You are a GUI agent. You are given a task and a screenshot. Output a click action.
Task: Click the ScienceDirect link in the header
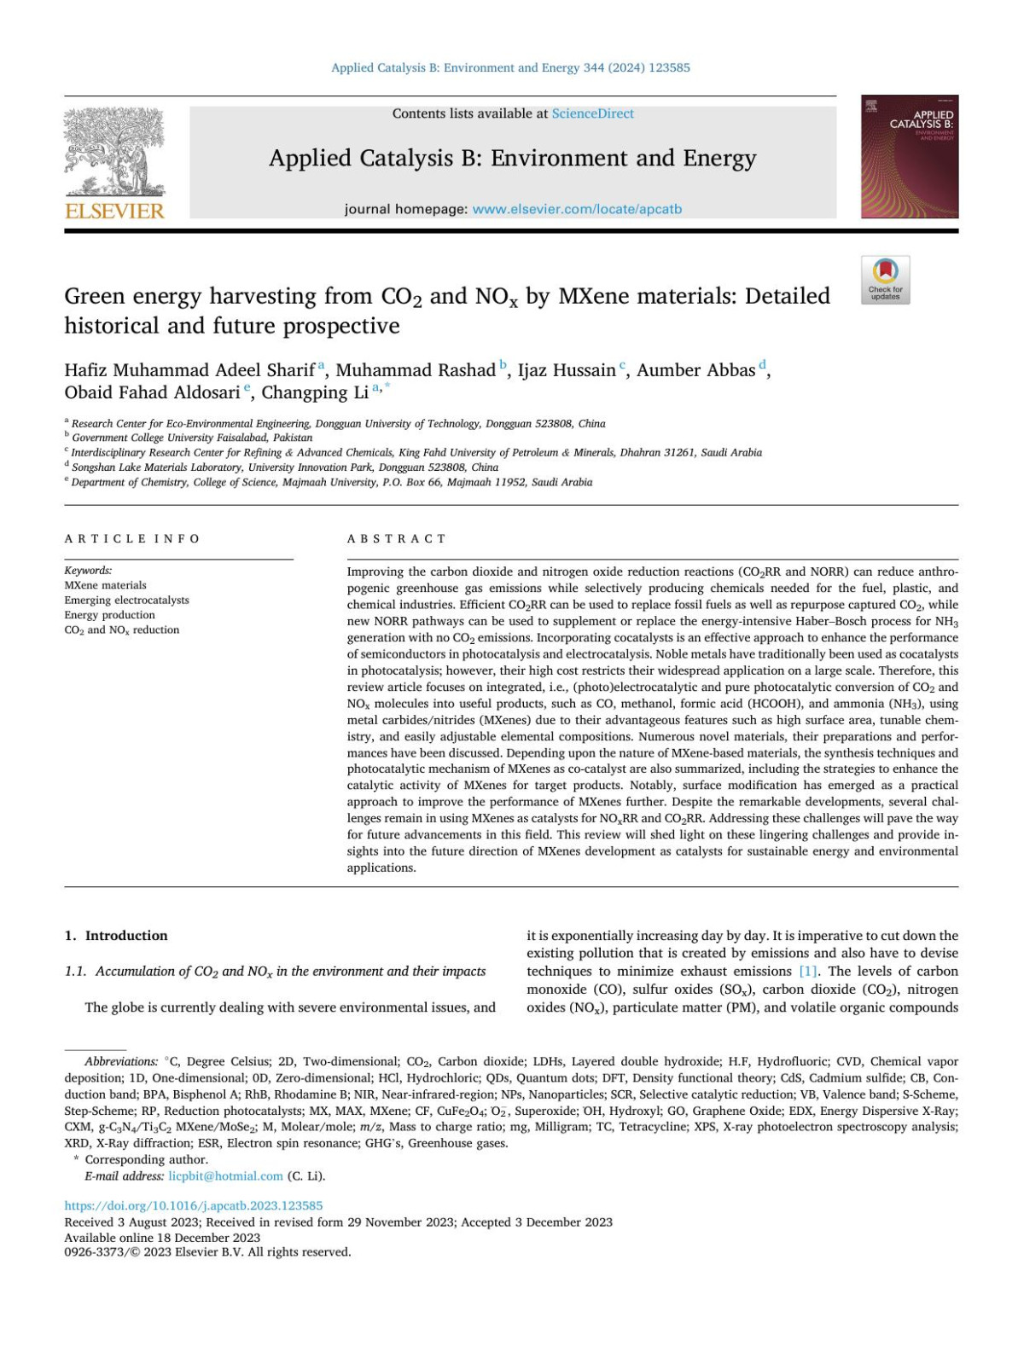click(592, 113)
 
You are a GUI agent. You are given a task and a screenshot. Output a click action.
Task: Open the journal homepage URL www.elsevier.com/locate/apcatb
click(577, 209)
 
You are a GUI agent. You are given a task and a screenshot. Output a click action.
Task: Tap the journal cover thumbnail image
click(909, 157)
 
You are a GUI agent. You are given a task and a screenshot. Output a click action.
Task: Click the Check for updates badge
click(885, 280)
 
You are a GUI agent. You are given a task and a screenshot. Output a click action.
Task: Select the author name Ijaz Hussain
click(567, 370)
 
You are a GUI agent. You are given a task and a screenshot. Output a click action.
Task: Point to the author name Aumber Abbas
click(695, 370)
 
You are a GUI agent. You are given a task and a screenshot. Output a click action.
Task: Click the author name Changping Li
click(315, 392)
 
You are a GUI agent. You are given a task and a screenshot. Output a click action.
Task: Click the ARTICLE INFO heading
click(132, 538)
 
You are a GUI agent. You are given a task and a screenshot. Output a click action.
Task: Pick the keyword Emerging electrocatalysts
click(126, 600)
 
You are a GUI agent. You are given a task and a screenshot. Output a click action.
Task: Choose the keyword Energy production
click(109, 615)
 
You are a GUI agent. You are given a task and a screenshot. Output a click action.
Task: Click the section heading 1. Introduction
click(116, 935)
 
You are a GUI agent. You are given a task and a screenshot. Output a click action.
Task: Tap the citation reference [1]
click(807, 971)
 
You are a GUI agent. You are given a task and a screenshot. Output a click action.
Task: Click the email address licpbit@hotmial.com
click(225, 1175)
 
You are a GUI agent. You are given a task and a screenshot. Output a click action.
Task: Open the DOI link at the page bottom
click(194, 1205)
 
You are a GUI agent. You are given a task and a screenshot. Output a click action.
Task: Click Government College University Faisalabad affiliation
click(192, 438)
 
